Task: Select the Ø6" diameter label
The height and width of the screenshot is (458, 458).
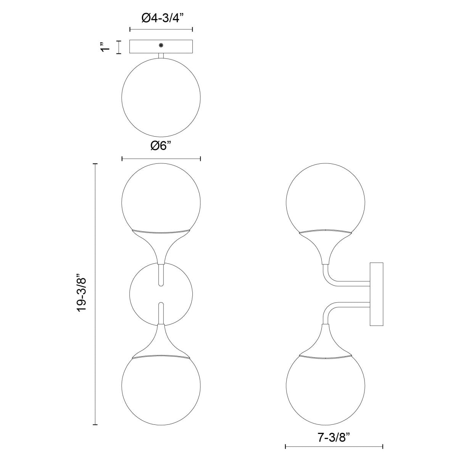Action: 161,146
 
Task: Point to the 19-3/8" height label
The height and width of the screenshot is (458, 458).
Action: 82,293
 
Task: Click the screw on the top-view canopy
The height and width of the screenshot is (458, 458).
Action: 161,45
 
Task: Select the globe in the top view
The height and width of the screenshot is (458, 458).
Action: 161,97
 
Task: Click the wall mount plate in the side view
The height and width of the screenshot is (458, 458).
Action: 376,294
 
